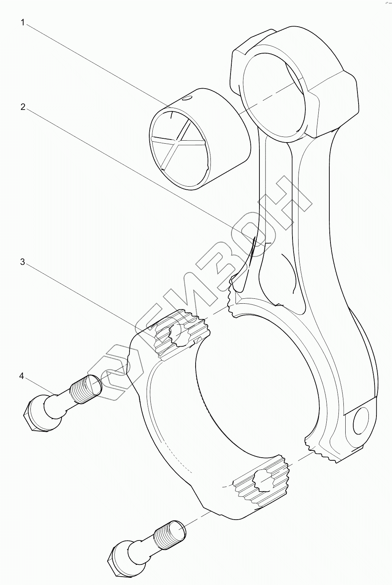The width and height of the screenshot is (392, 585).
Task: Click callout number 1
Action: point(23,23)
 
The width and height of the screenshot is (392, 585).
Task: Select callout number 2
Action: point(23,107)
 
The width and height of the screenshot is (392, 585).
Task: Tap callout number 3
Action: point(23,262)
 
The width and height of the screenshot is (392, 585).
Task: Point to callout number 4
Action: point(22,376)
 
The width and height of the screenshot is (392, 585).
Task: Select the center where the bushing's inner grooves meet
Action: point(177,141)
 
